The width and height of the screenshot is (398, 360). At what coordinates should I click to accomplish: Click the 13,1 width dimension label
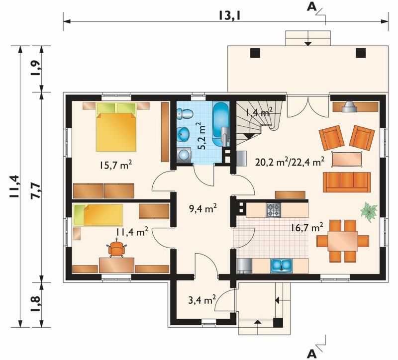229,16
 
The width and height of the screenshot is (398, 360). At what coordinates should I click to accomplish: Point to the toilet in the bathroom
184,114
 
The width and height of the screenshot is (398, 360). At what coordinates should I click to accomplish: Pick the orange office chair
117,249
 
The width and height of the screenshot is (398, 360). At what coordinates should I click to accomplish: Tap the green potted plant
369,212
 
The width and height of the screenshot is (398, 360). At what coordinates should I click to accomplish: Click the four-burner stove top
273,210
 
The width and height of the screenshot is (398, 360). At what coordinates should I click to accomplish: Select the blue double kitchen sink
281,266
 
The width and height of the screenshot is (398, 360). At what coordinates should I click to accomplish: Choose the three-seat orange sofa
346,182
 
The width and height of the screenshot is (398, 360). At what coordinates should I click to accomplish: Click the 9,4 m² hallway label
203,209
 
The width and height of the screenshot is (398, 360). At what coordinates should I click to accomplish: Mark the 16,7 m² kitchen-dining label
307,228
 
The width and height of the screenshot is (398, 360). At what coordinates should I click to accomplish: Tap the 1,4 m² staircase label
259,111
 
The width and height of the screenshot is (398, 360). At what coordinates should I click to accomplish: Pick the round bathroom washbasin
184,134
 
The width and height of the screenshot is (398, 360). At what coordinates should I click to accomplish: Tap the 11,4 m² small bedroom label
132,232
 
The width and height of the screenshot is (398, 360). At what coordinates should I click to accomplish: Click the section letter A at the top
312,7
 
